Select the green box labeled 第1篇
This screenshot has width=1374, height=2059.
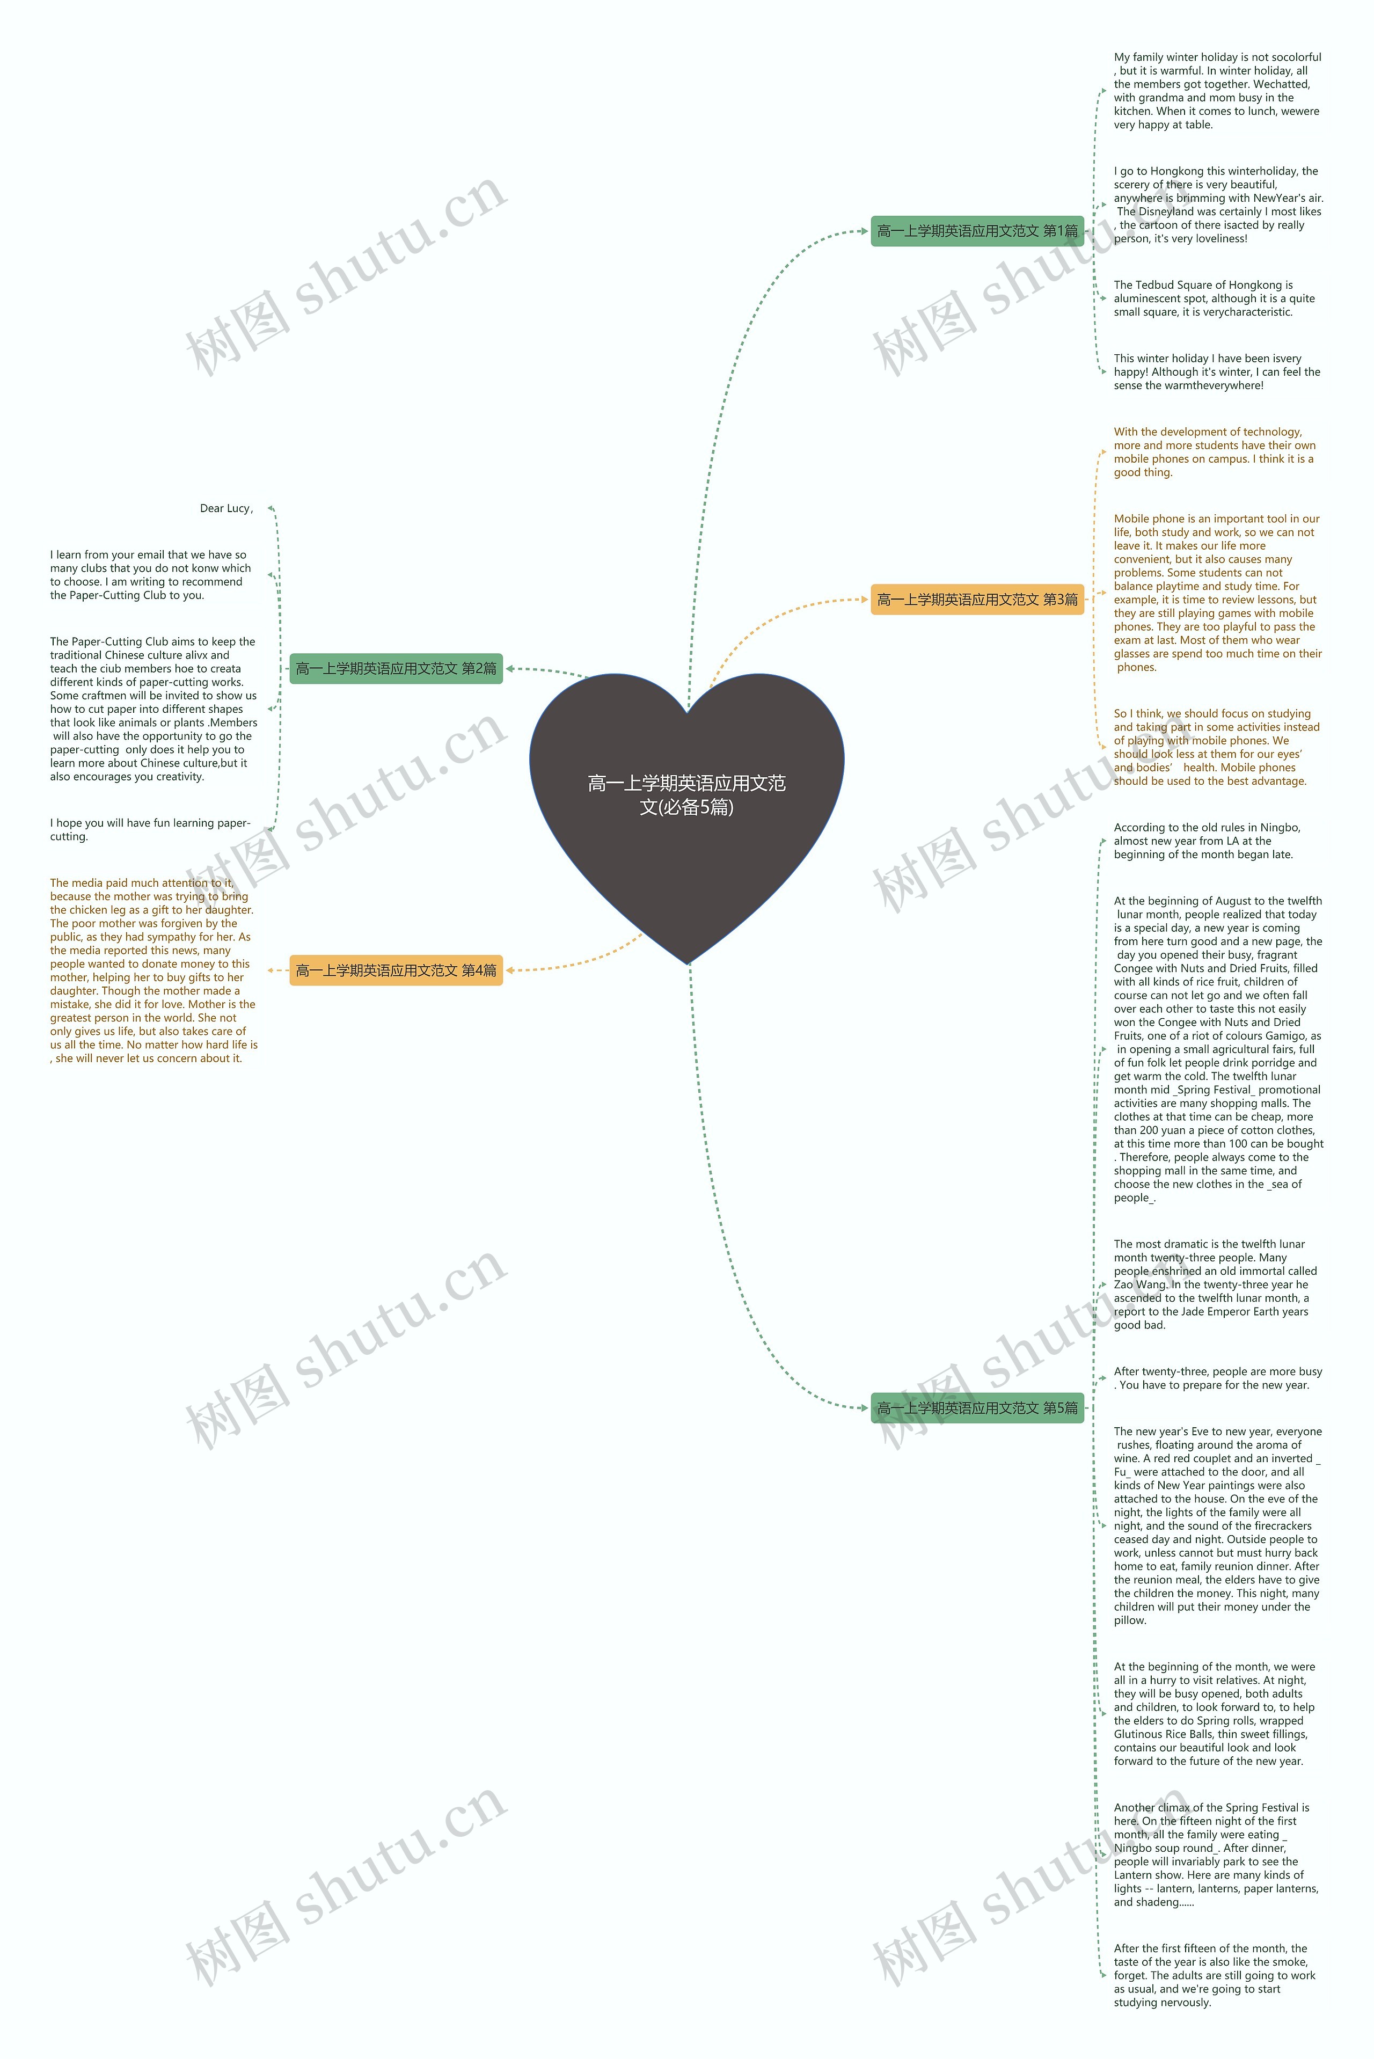[x=976, y=231]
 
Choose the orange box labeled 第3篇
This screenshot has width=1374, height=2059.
[x=976, y=600]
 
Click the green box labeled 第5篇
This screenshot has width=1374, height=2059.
[x=976, y=1408]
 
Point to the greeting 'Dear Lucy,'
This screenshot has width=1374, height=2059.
[x=226, y=508]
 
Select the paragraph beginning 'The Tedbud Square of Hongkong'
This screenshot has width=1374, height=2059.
[x=1214, y=299]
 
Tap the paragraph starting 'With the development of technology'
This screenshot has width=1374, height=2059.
[x=1214, y=452]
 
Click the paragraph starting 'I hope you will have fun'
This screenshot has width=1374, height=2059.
[x=151, y=830]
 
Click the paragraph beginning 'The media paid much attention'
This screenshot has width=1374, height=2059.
[x=154, y=971]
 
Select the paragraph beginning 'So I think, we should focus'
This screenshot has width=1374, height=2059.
[x=1216, y=747]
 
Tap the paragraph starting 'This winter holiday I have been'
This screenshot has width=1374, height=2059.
[x=1216, y=371]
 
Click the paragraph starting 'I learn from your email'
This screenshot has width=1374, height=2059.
[x=151, y=575]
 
